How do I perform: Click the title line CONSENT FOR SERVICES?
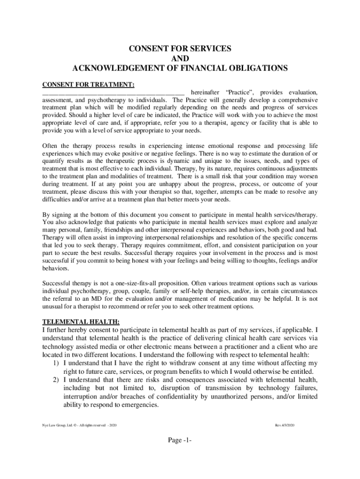coord(180,49)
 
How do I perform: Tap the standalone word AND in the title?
coord(180,58)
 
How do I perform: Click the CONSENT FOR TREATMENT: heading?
coord(88,85)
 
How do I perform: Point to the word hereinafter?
coord(206,93)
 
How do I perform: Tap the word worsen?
coord(307,176)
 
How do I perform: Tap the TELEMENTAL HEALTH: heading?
coord(81,322)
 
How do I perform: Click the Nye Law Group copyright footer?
coord(79,425)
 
